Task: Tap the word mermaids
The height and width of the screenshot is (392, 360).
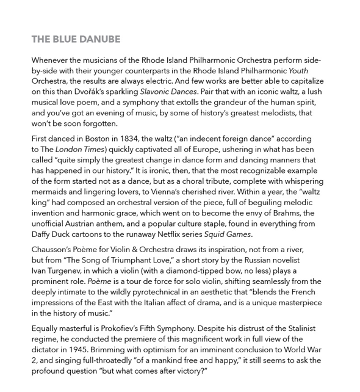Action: pyautogui.click(x=53, y=192)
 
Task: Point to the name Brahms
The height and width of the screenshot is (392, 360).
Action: pyautogui.click(x=285, y=212)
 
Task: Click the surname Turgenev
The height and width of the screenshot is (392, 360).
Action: pyautogui.click(x=61, y=270)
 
